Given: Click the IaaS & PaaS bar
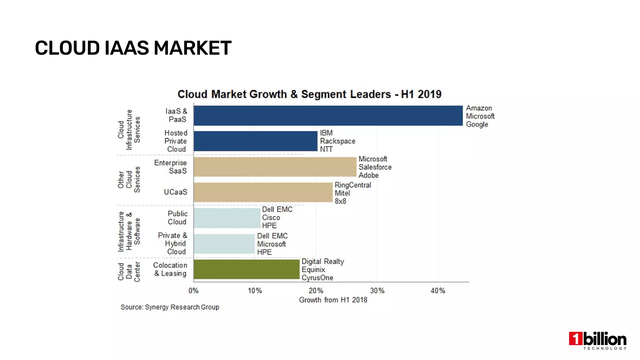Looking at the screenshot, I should (x=328, y=116).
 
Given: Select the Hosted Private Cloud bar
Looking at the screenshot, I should (x=255, y=141).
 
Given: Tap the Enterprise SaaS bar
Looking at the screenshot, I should (x=275, y=167).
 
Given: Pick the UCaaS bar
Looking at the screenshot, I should (x=263, y=192).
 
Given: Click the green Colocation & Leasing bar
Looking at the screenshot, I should (x=246, y=269).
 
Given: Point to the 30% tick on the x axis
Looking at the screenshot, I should (x=377, y=291).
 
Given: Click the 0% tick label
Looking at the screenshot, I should (x=193, y=291).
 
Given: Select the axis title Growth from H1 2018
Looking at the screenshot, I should (x=333, y=300).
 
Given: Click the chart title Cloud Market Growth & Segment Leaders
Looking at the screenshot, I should (x=309, y=94).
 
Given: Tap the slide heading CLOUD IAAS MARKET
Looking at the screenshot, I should (x=133, y=48).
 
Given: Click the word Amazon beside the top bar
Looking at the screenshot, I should (x=479, y=108).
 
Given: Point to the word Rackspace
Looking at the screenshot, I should (x=337, y=141).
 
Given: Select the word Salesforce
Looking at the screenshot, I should (x=375, y=167).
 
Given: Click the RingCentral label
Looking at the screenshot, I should (x=353, y=185).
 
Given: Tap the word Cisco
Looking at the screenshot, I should (x=271, y=217).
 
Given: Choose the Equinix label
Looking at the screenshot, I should (x=313, y=270).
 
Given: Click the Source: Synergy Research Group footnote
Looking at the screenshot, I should (x=170, y=307).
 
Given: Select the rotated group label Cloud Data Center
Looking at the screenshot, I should (x=129, y=271).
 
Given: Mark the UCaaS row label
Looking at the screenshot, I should (x=175, y=192).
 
